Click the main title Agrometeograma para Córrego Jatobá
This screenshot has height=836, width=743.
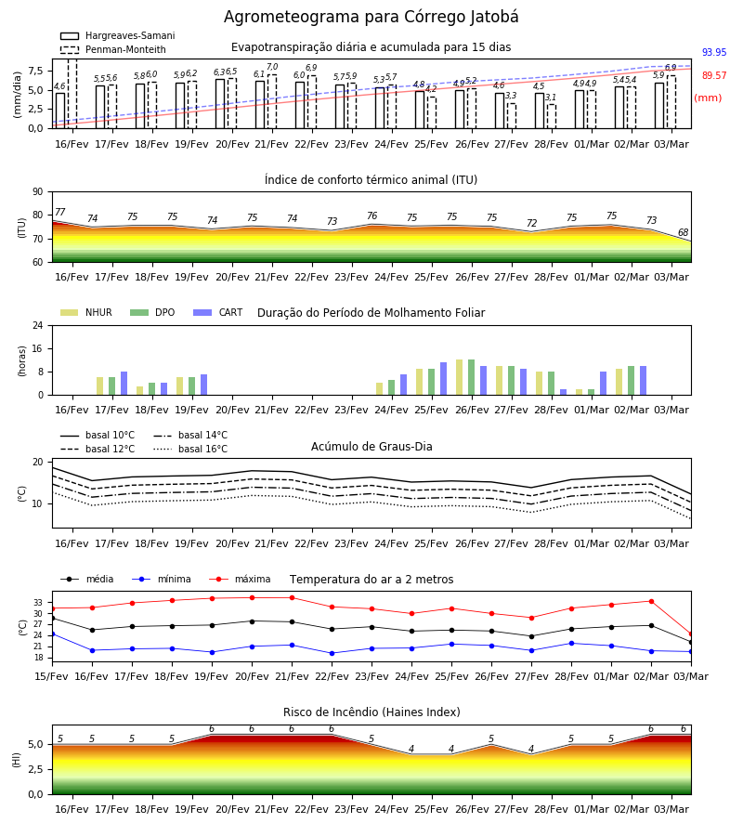point(371,17)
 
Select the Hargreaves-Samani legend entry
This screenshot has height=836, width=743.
point(117,35)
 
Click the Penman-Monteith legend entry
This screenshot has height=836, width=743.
point(113,49)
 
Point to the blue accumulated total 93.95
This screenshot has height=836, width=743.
point(714,52)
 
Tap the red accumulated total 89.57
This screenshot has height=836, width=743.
point(714,76)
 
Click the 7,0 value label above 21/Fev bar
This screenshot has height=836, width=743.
point(272,67)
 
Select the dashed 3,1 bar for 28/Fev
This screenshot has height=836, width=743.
point(552,116)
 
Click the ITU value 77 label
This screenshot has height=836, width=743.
point(59,212)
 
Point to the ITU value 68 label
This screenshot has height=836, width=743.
point(683,232)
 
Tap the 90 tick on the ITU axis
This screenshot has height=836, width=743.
point(38,192)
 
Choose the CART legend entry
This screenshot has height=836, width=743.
point(218,312)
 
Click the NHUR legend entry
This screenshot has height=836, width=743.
point(86,312)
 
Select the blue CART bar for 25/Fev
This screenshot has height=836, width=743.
point(443,379)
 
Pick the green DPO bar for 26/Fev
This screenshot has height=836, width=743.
point(471,377)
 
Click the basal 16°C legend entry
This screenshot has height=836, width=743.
point(190,449)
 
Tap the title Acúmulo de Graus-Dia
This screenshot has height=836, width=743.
point(371,446)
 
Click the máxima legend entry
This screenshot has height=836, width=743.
point(241,579)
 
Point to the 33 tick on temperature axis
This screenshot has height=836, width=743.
point(38,603)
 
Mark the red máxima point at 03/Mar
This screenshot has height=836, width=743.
point(691,634)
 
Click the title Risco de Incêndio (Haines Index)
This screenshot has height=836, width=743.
point(371,712)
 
